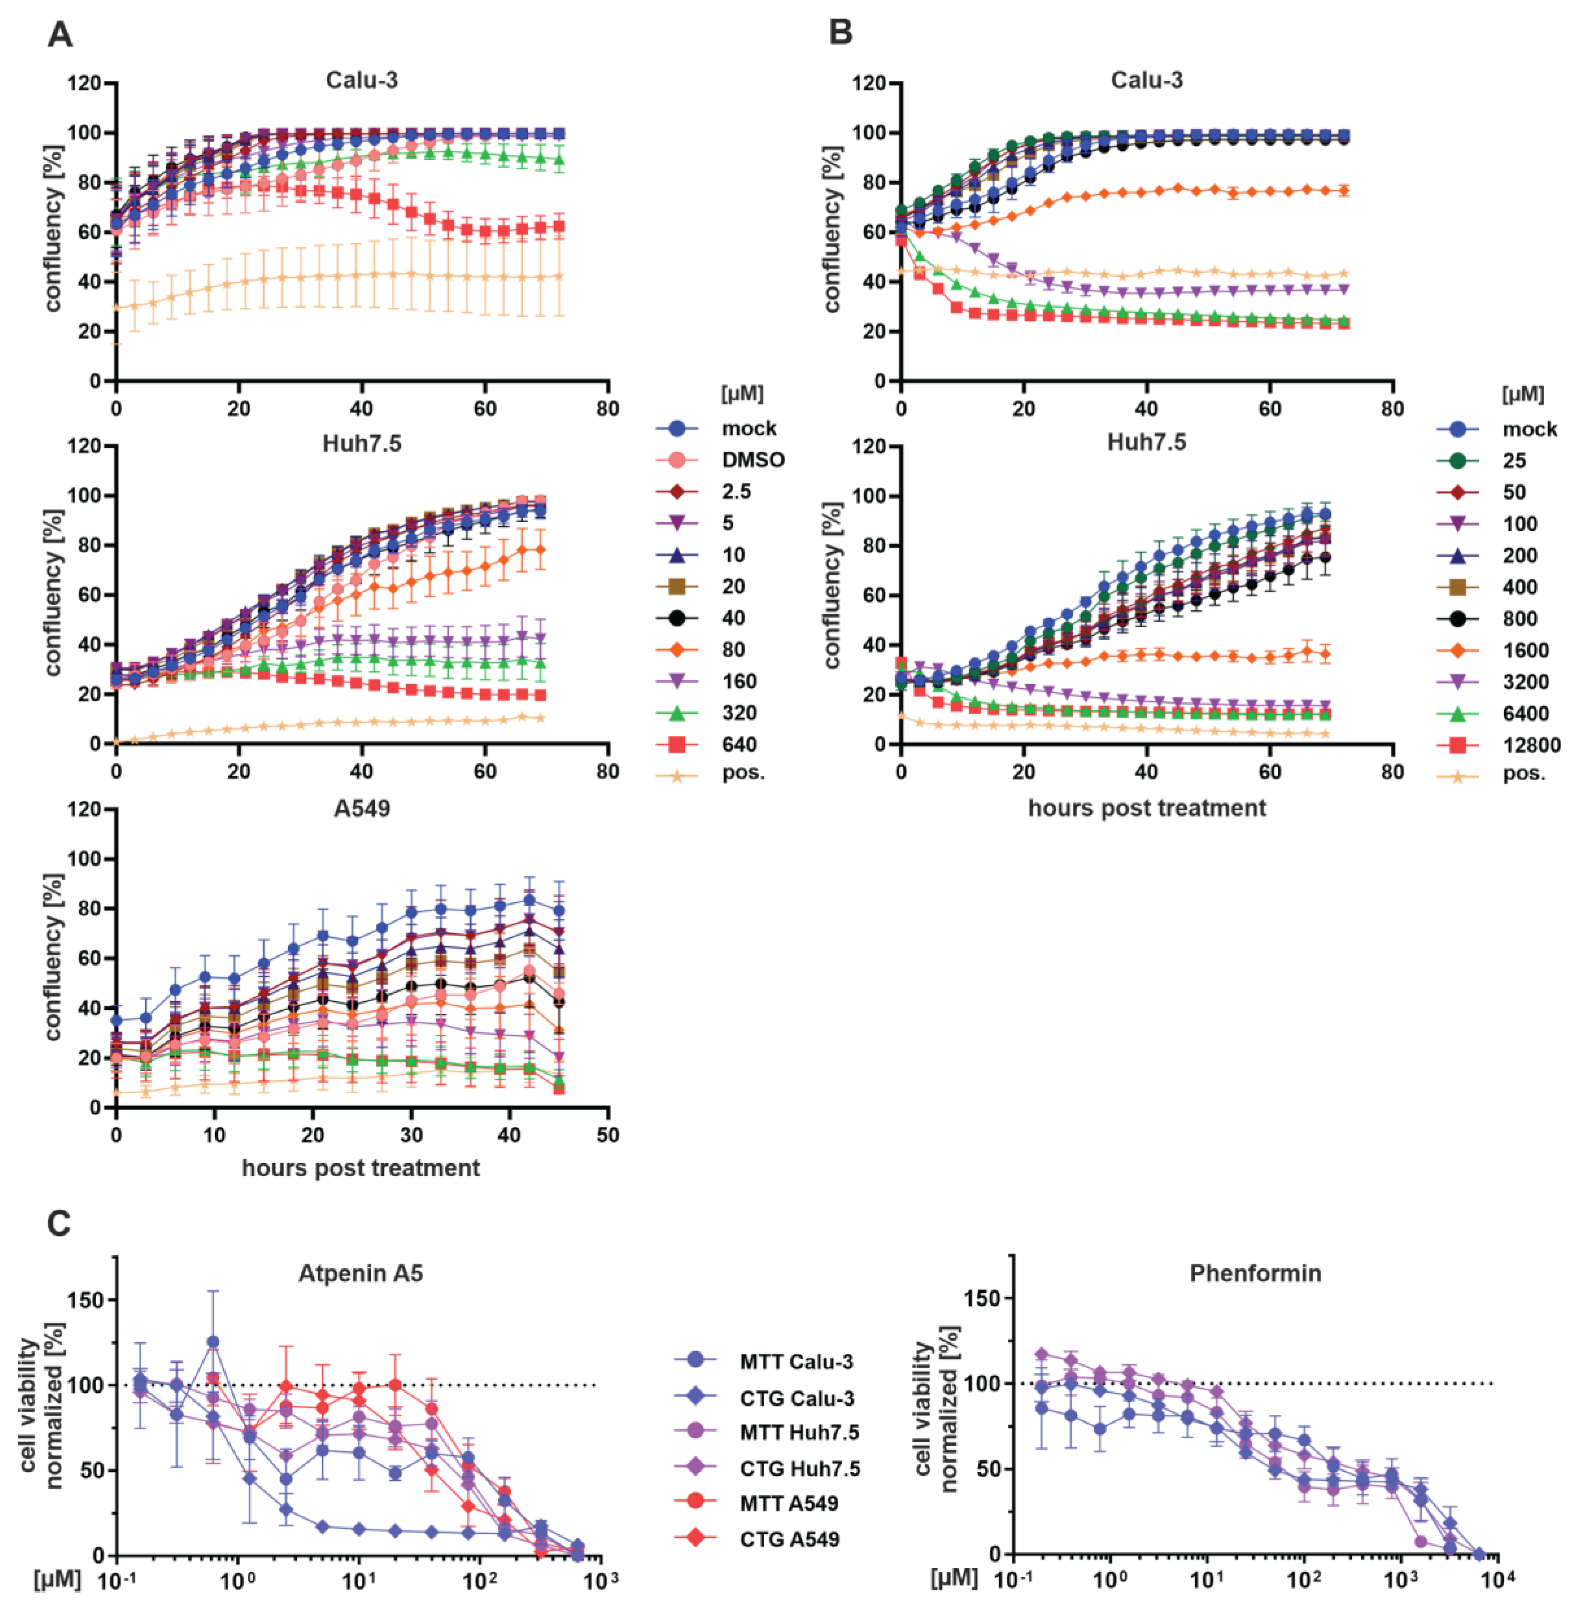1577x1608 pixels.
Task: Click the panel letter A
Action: coord(60,35)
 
